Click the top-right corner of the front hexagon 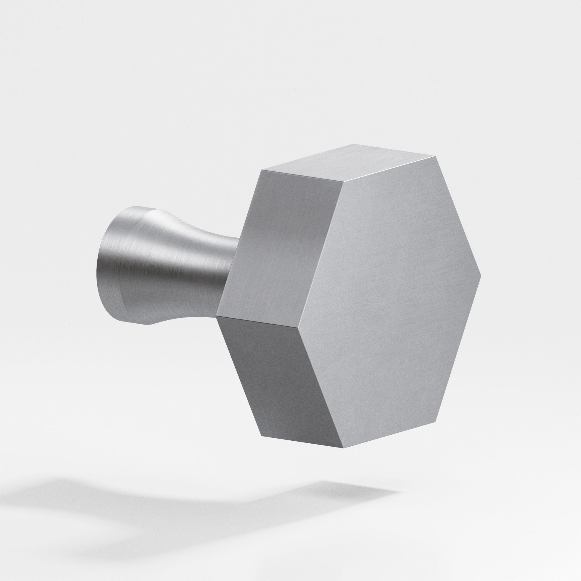pos(435,157)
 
